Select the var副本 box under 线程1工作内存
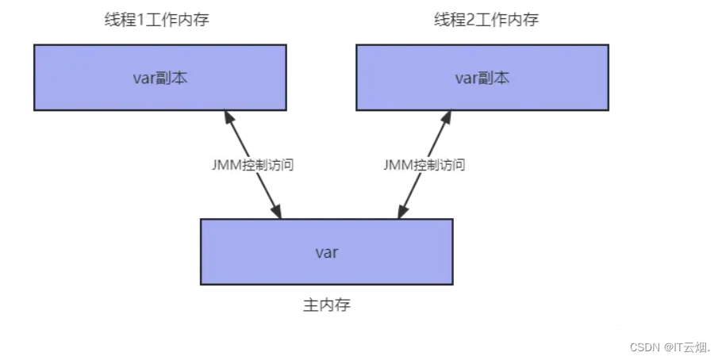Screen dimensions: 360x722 click(x=160, y=77)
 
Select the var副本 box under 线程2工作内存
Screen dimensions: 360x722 click(x=482, y=77)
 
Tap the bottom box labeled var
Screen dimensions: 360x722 click(x=326, y=251)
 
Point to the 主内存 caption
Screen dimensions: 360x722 click(x=326, y=304)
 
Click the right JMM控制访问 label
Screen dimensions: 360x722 click(x=424, y=166)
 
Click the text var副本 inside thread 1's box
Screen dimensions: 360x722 click(x=160, y=78)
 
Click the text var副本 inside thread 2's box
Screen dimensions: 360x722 click(x=482, y=78)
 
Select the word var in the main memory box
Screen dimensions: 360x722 click(x=326, y=252)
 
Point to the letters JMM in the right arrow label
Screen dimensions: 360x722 click(x=398, y=166)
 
